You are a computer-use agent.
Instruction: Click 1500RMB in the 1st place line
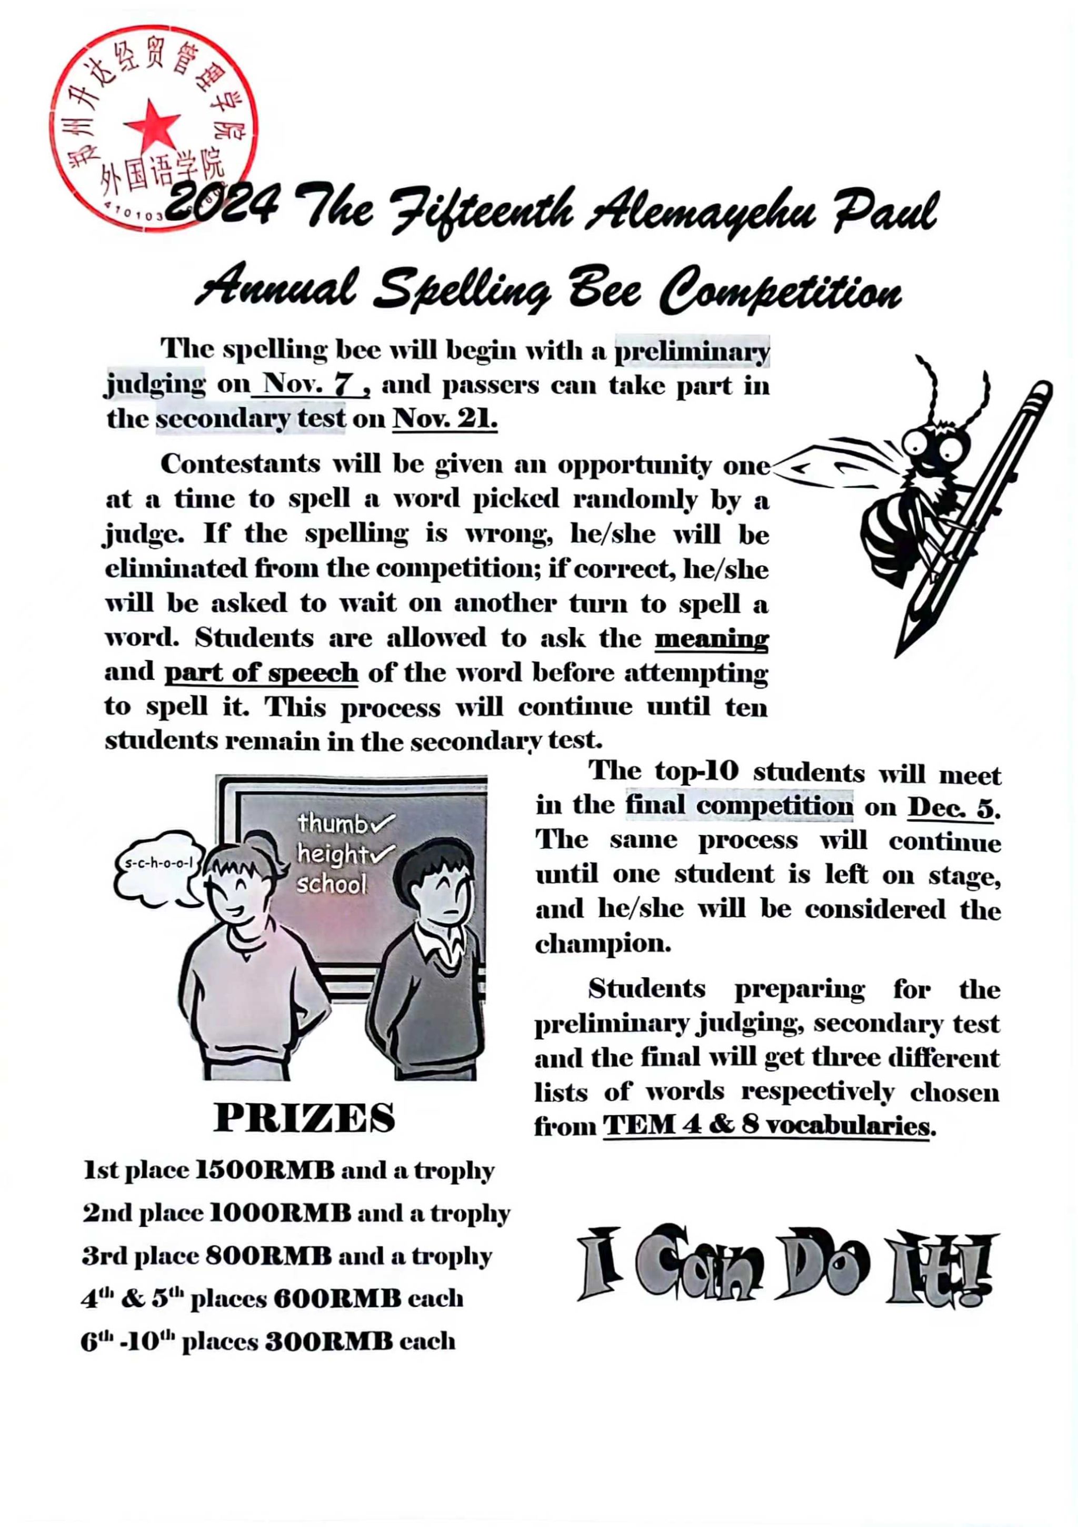pos(264,1170)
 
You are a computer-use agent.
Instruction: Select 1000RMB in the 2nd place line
pos(280,1213)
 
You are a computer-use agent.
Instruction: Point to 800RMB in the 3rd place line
pos(268,1256)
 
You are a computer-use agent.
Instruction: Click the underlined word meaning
pos(711,639)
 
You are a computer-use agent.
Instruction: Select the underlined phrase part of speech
pos(261,673)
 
